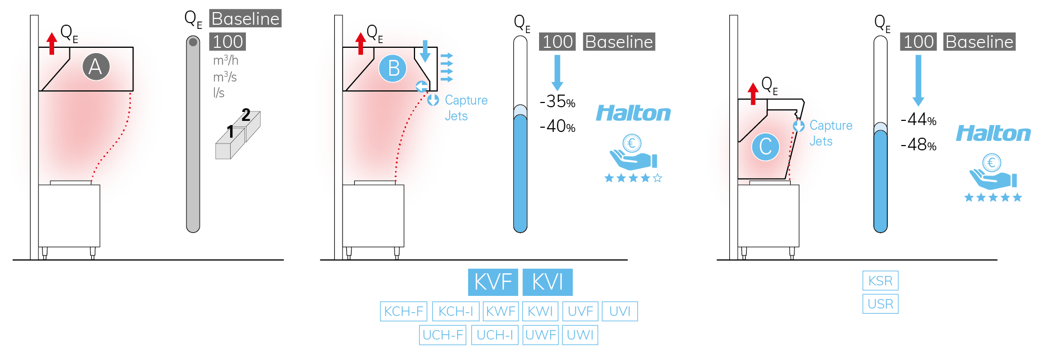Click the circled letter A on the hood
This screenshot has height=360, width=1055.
[96, 67]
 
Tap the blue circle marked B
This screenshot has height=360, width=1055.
[393, 68]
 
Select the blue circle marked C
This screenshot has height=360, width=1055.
[765, 147]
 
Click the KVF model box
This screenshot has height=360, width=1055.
[493, 282]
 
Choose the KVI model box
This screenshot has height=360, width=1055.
[547, 282]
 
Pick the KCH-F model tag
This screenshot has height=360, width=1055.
[404, 311]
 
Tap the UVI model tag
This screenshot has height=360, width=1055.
[619, 311]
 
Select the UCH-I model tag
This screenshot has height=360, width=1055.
[494, 335]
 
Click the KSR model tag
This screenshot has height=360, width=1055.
[880, 281]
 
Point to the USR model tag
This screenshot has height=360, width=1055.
[880, 304]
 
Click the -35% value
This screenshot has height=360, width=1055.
[557, 101]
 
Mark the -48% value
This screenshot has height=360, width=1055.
[918, 145]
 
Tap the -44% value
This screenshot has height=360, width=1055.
[918, 120]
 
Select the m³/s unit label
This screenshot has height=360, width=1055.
[225, 77]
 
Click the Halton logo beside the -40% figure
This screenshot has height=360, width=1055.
[633, 113]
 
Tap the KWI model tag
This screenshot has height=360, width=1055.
[540, 311]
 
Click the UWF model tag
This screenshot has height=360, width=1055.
[541, 335]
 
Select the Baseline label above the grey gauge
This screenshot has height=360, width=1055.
[245, 18]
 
